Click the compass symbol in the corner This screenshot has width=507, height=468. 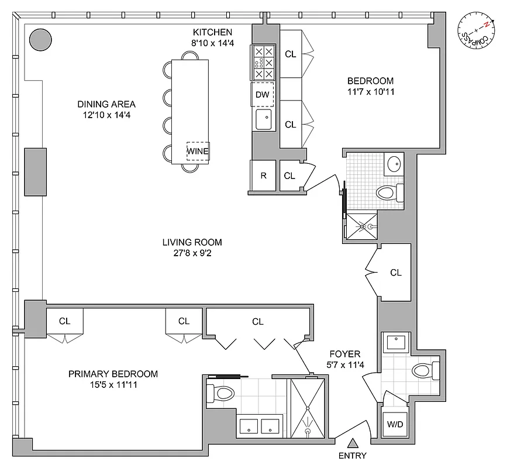[475, 33]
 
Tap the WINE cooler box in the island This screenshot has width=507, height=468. [198, 152]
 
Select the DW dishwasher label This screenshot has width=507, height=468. [263, 94]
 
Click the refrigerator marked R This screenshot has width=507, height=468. [263, 175]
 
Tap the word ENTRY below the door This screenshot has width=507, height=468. [353, 456]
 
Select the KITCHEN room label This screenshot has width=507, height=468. [213, 32]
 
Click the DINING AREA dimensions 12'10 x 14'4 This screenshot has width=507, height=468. [106, 115]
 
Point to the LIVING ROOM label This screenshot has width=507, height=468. [192, 242]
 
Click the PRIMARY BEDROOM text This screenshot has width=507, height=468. [113, 374]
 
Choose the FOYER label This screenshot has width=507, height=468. [344, 354]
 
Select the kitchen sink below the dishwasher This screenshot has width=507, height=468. [263, 119]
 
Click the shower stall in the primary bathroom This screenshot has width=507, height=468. [308, 408]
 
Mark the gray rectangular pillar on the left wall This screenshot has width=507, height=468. [35, 171]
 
